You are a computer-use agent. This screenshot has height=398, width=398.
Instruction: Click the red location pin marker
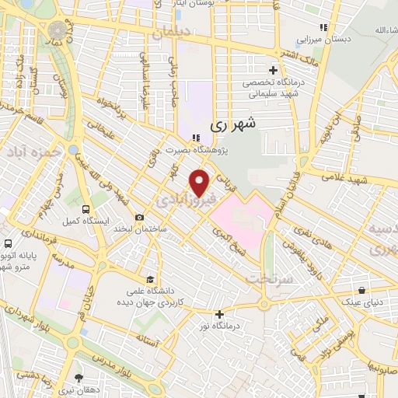(x=201, y=182)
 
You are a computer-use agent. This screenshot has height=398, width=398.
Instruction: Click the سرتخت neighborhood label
(x=268, y=278)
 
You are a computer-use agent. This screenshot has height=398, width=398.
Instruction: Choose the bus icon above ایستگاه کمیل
(x=85, y=209)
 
